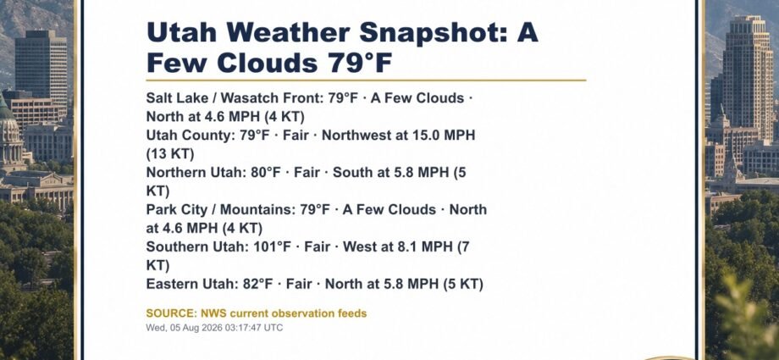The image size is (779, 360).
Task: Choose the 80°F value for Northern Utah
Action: (266, 173)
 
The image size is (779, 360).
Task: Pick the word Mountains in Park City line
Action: (257, 210)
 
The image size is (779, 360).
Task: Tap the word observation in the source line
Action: (299, 313)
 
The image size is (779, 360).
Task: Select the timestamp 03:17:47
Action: (240, 328)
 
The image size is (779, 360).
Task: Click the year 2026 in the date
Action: (211, 328)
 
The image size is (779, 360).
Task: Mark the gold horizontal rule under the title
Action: (366, 80)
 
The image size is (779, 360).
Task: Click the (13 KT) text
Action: (170, 154)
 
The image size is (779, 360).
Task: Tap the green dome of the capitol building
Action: (5, 109)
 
